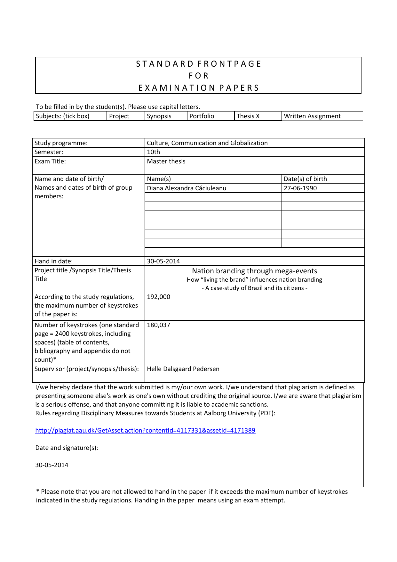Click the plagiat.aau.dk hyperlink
pos(145,430)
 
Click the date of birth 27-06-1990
pos(300,188)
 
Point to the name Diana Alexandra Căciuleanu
pos(187,188)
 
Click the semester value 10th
pos(154,152)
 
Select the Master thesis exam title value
pos(166,161)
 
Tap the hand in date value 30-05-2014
pos(163,261)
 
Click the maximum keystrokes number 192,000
pos(159,297)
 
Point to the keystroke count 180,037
pos(159,325)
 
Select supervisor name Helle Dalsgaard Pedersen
pos(183,369)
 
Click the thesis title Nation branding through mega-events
pos(255,271)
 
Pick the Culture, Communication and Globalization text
pos(207,143)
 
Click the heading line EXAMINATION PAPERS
pos(198,88)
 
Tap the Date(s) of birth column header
pos(305,179)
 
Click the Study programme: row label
pos(61,143)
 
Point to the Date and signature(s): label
pos(67,448)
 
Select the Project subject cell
pos(119,116)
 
